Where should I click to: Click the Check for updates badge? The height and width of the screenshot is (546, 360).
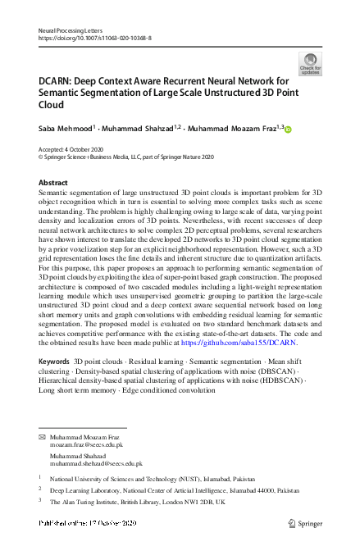click(x=310, y=63)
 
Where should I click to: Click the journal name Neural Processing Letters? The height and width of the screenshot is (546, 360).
click(x=70, y=30)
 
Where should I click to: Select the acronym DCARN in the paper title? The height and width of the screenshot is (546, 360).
click(x=58, y=81)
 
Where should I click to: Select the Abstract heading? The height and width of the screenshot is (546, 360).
click(x=53, y=182)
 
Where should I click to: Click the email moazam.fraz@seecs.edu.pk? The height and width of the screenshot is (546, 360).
click(x=84, y=448)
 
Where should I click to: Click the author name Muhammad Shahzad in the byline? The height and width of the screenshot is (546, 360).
click(x=144, y=129)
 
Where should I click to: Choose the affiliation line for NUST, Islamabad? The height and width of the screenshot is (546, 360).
click(x=140, y=476)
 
